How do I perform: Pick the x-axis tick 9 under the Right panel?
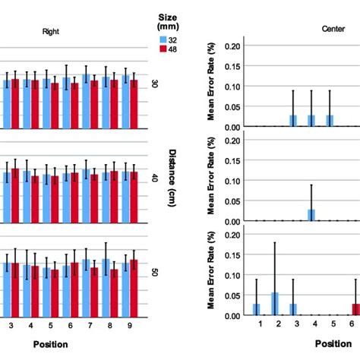(x=130, y=324)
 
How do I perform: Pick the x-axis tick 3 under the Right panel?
(x=11, y=324)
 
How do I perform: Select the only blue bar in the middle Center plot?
(x=312, y=215)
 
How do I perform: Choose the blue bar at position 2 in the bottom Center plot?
(x=274, y=304)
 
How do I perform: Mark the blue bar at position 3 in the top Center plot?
(x=293, y=121)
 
